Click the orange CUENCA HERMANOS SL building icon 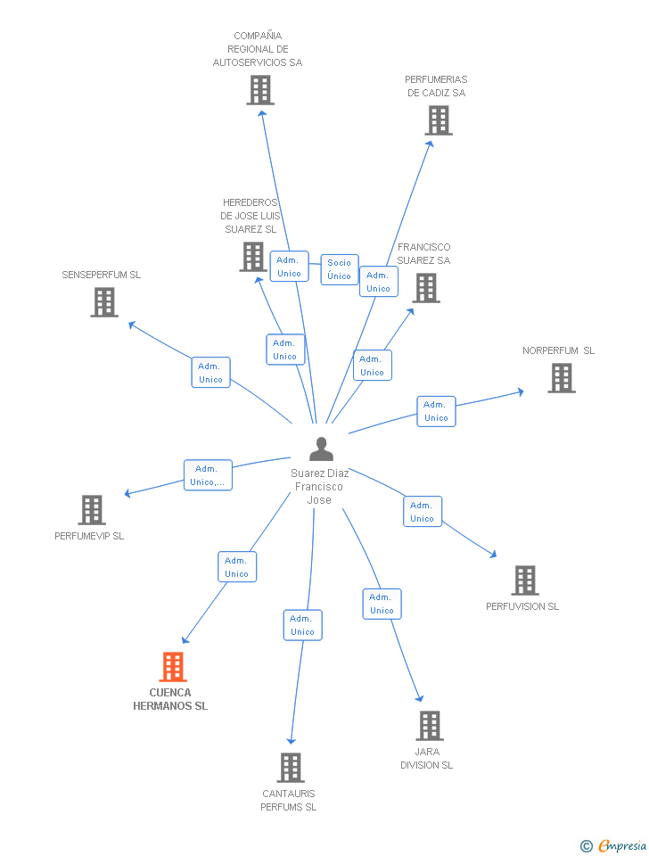[173, 667]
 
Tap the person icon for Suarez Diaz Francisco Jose [321, 449]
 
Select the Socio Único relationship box [340, 269]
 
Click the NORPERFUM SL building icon [562, 378]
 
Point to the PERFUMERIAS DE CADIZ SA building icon [439, 120]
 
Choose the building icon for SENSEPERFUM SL [104, 302]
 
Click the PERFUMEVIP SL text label [89, 536]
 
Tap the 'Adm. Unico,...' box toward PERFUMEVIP [208, 475]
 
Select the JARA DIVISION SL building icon [430, 726]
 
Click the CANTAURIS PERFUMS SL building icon [291, 768]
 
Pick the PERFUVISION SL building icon [525, 580]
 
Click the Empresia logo [613, 845]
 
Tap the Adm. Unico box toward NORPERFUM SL [436, 411]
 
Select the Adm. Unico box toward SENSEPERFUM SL [210, 373]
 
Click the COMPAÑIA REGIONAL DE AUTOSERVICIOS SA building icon [259, 90]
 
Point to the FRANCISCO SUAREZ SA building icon [426, 288]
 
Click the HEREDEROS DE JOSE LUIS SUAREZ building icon [253, 257]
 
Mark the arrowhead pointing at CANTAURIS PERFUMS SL [291, 741]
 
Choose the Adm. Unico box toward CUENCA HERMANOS [237, 567]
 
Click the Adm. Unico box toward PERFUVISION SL [423, 512]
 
